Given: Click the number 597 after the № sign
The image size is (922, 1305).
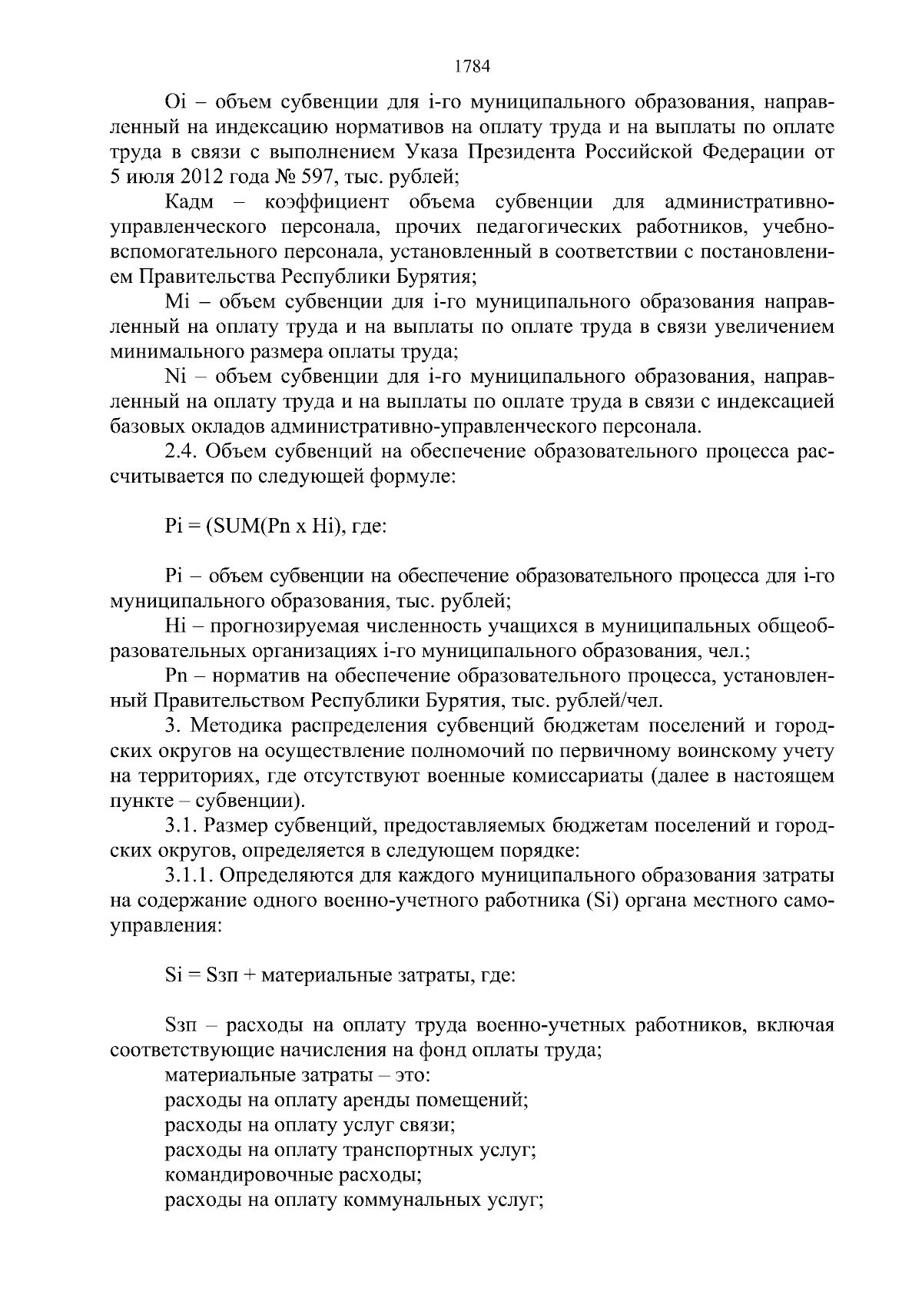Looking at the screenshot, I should coord(316,177).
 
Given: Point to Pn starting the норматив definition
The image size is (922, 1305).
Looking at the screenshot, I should coord(177,676).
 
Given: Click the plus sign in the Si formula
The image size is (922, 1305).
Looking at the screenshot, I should coord(250,976).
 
